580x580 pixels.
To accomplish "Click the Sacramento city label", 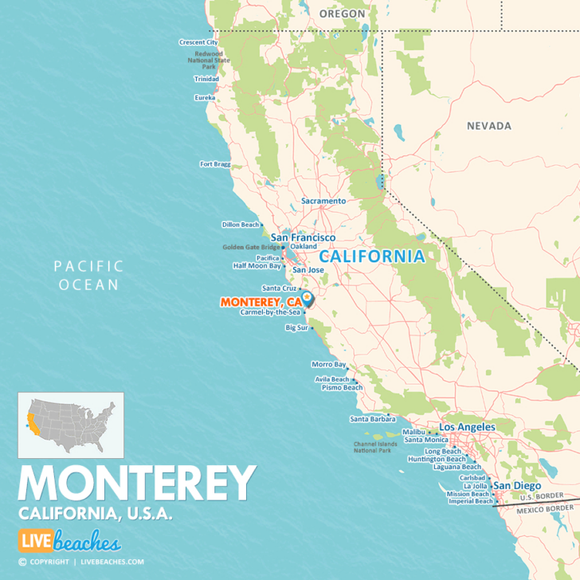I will point(323,202).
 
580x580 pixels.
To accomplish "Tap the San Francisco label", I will point(303,237).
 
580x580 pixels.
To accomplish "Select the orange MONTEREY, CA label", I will point(261,302).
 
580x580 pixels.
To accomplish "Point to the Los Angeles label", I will point(467,427).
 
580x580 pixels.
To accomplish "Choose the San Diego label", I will point(516,485).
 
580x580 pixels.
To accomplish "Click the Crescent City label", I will point(198,42).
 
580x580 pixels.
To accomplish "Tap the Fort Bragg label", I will point(215,164).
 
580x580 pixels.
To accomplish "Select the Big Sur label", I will point(296,327).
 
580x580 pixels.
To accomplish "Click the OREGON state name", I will point(342,14).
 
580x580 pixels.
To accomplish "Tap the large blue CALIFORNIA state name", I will point(372,257).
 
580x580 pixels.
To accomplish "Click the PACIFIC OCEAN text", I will point(88,275).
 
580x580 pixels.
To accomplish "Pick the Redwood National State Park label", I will point(208,61).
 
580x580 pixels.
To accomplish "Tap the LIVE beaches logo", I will point(69,542).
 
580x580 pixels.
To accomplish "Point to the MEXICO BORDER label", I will point(544,507).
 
